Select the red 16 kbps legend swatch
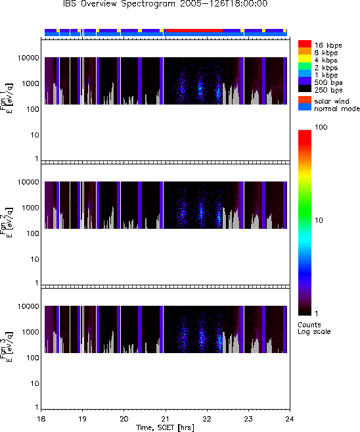click(x=305, y=44)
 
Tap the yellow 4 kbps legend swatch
click(x=305, y=59)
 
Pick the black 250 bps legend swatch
click(x=305, y=89)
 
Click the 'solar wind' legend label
click(x=332, y=101)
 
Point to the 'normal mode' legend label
click(x=337, y=108)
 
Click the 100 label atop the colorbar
click(x=321, y=127)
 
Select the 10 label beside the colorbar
click(x=319, y=220)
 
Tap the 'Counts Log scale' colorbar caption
click(x=314, y=328)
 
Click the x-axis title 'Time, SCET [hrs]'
click(x=165, y=427)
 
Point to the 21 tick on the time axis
click(x=166, y=419)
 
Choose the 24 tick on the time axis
click(x=290, y=419)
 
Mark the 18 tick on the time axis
click(x=41, y=419)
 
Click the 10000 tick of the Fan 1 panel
click(x=28, y=58)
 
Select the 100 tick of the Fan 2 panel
click(x=33, y=233)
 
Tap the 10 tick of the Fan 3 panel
click(x=35, y=383)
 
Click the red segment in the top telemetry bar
click(x=194, y=30)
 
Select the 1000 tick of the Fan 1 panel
click(x=31, y=84)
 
